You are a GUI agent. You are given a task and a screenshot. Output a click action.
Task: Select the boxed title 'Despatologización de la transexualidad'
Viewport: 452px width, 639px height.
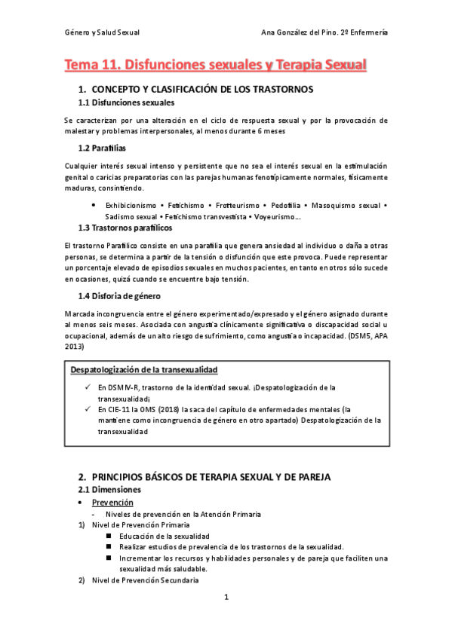(144, 370)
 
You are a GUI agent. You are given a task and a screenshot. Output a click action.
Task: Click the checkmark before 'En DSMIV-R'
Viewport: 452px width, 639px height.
(88, 387)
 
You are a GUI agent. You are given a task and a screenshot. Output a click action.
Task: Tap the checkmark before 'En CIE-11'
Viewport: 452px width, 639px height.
(88, 408)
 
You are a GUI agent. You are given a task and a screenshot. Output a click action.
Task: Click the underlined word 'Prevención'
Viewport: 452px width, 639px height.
(112, 502)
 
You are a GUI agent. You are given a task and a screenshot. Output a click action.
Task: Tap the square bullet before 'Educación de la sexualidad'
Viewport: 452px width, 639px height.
(109, 536)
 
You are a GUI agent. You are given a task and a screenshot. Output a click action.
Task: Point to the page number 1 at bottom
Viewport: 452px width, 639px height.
(226, 598)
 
